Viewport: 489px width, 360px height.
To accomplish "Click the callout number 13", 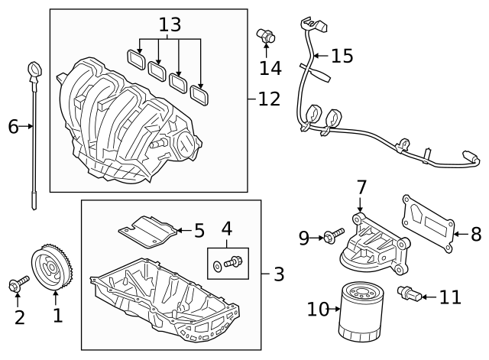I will [169, 24].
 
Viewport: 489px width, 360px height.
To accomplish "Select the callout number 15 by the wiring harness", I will [342, 56].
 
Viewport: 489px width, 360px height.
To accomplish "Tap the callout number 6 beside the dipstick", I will [13, 126].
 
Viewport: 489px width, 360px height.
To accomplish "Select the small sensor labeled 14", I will [267, 34].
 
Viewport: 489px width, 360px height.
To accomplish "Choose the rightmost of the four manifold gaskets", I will [200, 96].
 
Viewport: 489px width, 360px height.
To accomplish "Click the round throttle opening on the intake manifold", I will [186, 143].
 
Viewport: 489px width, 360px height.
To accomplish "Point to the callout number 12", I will [269, 99].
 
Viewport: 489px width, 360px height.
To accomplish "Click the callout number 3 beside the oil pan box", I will [279, 273].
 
